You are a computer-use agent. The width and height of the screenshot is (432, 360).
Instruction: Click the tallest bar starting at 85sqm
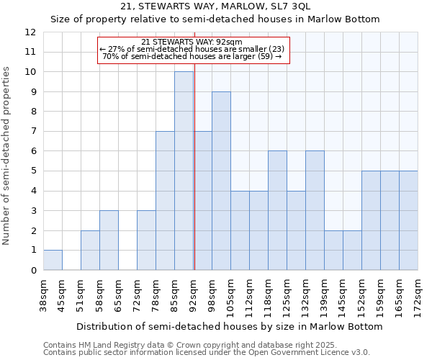pyautogui.click(x=184, y=171)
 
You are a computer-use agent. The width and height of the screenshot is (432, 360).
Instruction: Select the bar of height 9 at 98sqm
pyautogui.click(x=221, y=181)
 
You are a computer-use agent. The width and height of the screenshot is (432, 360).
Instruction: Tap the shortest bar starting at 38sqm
pyautogui.click(x=53, y=260)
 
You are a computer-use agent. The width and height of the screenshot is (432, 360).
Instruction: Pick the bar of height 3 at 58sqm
pyautogui.click(x=109, y=240)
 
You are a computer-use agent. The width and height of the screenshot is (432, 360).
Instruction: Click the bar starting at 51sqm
pyautogui.click(x=90, y=250)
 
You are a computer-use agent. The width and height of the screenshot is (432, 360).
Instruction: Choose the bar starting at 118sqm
pyautogui.click(x=277, y=210)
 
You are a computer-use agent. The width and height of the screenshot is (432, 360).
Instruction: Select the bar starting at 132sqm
pyautogui.click(x=315, y=210)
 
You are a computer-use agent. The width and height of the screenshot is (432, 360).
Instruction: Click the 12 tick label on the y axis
pyautogui.click(x=30, y=32)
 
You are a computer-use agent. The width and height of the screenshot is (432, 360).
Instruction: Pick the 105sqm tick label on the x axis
pyautogui.click(x=230, y=296)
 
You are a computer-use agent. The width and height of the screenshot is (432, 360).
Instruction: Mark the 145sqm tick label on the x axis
pyautogui.click(x=343, y=296)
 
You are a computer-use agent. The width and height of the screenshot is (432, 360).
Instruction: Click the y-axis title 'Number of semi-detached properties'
pyautogui.click(x=7, y=156)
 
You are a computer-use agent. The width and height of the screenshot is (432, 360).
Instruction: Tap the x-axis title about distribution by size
pyautogui.click(x=231, y=327)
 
